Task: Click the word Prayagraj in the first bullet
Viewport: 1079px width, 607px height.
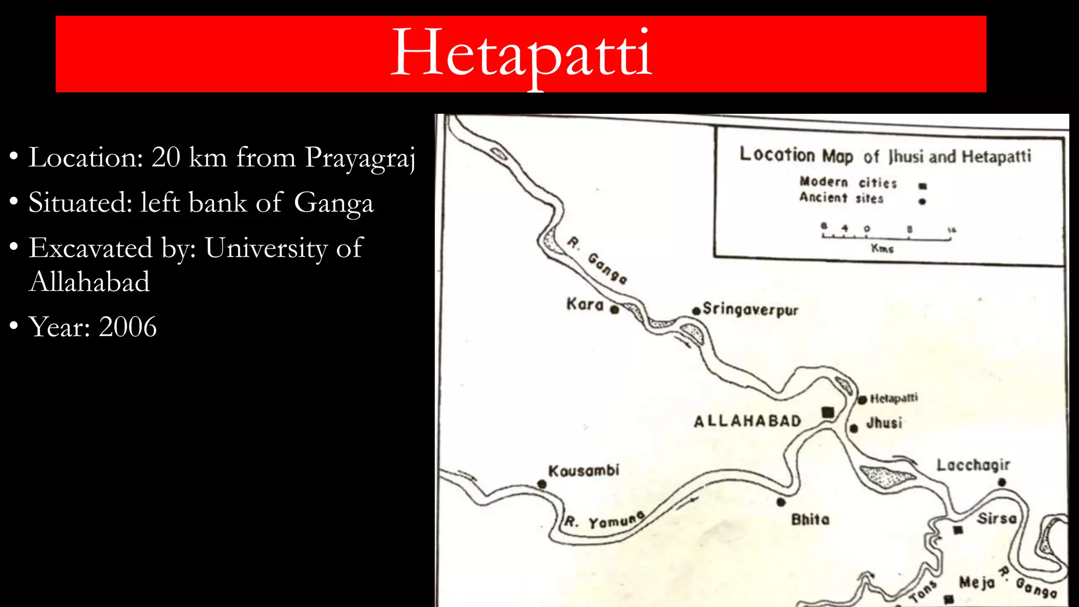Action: tap(360, 158)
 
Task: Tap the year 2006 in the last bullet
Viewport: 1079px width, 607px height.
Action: tap(127, 327)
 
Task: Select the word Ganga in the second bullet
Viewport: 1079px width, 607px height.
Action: tap(333, 203)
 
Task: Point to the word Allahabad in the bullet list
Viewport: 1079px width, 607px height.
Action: tap(90, 281)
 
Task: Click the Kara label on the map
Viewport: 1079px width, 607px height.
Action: tap(585, 305)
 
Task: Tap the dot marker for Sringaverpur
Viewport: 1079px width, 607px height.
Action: tap(697, 311)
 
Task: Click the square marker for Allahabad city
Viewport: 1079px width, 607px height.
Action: tap(828, 412)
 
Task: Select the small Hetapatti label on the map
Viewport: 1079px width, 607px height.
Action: tap(894, 398)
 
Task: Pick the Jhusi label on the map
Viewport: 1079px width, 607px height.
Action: tap(884, 423)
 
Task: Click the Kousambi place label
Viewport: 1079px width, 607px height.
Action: tap(584, 471)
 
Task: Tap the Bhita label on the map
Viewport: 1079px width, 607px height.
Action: tap(810, 520)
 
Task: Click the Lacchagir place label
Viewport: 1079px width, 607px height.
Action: tap(973, 465)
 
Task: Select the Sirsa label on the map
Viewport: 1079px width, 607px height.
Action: tap(997, 518)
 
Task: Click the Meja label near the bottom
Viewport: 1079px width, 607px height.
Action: tap(977, 583)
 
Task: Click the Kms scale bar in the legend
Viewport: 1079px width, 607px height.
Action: tap(887, 238)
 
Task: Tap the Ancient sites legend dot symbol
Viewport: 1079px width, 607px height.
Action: tap(922, 201)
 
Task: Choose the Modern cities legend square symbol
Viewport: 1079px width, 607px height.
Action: tap(923, 186)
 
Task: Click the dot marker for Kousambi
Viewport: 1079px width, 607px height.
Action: tap(542, 484)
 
